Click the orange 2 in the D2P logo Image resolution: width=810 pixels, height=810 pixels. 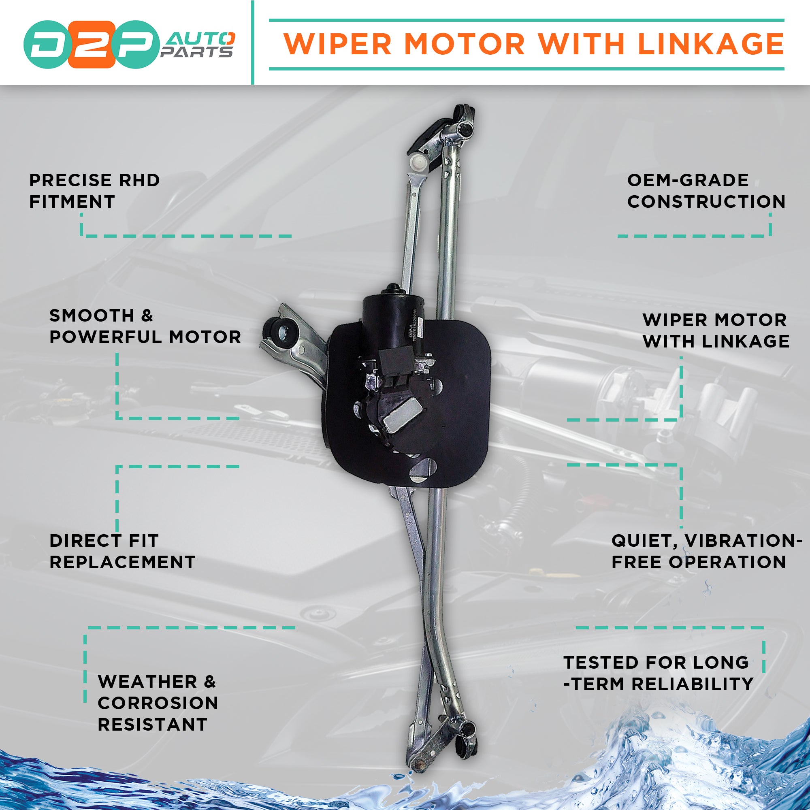click(x=92, y=45)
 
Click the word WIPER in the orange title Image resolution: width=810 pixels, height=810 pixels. click(x=340, y=44)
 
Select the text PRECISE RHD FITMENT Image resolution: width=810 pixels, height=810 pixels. click(x=94, y=191)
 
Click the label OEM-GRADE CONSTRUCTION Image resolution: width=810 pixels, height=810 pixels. click(x=706, y=191)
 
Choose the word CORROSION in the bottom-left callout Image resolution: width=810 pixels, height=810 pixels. click(x=158, y=703)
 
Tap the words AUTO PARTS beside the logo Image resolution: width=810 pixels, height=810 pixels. click(x=197, y=45)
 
